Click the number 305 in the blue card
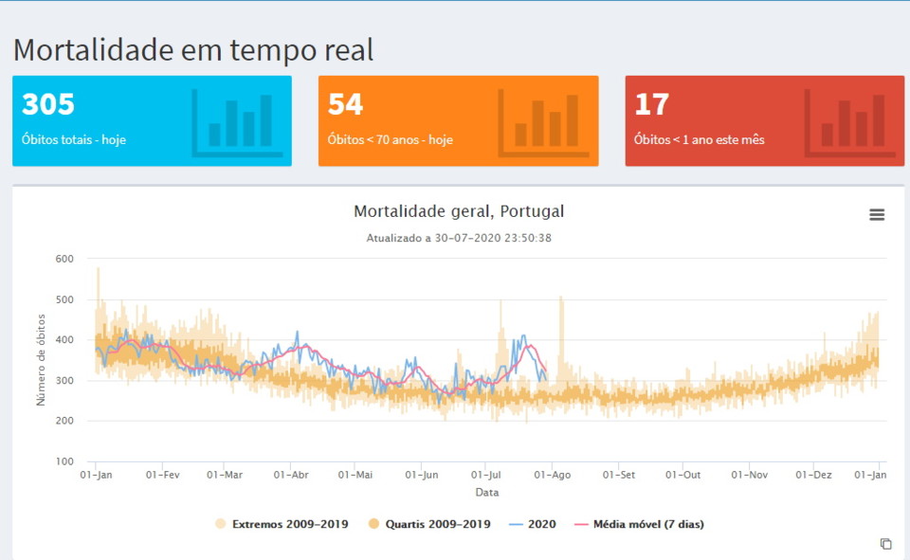pyautogui.click(x=48, y=104)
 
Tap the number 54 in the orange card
pyautogui.click(x=345, y=104)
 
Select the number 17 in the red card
pyautogui.click(x=652, y=104)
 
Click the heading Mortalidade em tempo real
pyautogui.click(x=193, y=49)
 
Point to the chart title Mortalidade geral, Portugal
pyautogui.click(x=459, y=211)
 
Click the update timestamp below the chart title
pyautogui.click(x=459, y=238)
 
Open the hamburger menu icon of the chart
pyautogui.click(x=877, y=215)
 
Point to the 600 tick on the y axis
pyautogui.click(x=64, y=259)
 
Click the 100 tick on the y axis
pyautogui.click(x=64, y=461)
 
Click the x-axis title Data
pyautogui.click(x=487, y=493)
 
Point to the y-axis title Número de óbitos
pyautogui.click(x=41, y=361)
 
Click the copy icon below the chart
pyautogui.click(x=885, y=544)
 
